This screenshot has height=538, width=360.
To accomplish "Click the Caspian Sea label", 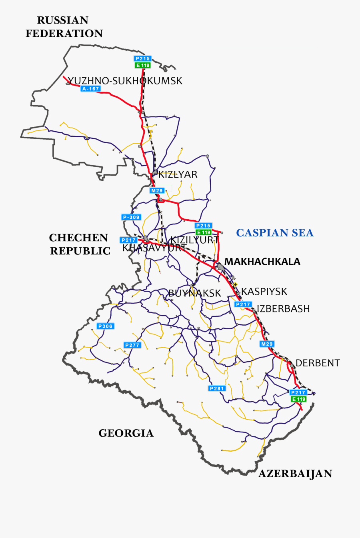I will click(x=275, y=233).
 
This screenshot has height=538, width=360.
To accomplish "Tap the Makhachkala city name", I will click(x=262, y=262).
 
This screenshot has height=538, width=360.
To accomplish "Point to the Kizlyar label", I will click(x=178, y=174).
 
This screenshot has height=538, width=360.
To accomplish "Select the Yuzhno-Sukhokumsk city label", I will click(x=125, y=81).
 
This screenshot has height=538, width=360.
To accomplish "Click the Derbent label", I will click(x=318, y=363).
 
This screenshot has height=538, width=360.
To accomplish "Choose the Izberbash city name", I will click(x=283, y=309).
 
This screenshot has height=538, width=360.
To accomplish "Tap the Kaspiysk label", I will click(x=264, y=292).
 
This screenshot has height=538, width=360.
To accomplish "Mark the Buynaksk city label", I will click(x=195, y=293).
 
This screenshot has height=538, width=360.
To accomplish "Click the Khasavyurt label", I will click(x=154, y=248).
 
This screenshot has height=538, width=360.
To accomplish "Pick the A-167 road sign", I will click(x=90, y=89).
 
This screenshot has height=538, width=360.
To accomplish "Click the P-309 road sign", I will click(x=131, y=217).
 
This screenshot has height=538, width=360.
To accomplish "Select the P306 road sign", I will click(x=106, y=326).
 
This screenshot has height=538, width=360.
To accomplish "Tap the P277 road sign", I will click(x=132, y=345).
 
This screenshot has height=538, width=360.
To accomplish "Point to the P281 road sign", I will click(x=217, y=388).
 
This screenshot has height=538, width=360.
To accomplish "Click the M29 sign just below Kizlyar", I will click(x=157, y=191).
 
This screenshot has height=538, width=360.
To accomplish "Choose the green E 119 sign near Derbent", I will click(x=298, y=399).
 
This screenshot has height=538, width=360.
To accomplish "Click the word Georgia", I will click(x=126, y=433).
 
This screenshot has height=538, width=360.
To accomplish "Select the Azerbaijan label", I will click(x=296, y=474).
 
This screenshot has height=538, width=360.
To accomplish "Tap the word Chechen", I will click(x=78, y=238).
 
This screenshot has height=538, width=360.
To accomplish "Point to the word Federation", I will click(x=64, y=33).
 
